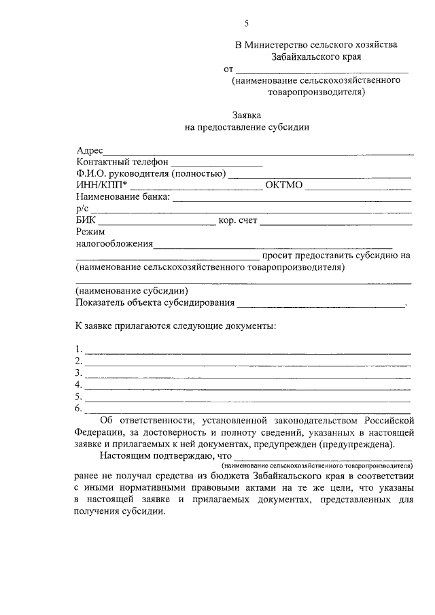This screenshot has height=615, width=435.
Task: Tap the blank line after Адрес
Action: pyautogui.click(x=258, y=152)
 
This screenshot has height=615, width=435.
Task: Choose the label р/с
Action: pyautogui.click(x=82, y=209)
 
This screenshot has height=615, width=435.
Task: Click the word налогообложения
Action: pyautogui.click(x=114, y=244)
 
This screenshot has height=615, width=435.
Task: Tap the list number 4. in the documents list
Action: pyautogui.click(x=79, y=385)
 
